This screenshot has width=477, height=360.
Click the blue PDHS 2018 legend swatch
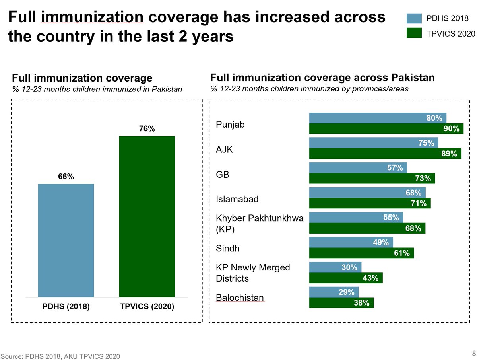click(414, 18)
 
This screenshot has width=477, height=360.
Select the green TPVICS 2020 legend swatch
click(414, 33)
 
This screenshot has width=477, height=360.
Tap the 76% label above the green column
click(147, 129)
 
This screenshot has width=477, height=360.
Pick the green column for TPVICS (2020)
click(147, 216)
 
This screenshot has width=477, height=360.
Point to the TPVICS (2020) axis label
click(147, 307)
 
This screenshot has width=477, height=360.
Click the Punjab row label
click(230, 125)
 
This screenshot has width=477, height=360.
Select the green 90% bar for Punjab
click(386, 128)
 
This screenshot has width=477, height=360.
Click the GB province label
click(223, 174)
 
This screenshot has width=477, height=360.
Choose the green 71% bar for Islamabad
click(370, 203)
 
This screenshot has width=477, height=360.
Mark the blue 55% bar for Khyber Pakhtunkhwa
click(356, 218)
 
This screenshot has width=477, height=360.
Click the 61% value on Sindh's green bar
click(401, 253)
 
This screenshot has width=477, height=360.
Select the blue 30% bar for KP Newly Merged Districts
click(335, 267)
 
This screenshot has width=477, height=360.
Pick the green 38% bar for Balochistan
click(341, 303)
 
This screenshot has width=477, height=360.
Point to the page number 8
click(473, 353)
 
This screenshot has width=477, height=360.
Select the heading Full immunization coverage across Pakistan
click(322, 77)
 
